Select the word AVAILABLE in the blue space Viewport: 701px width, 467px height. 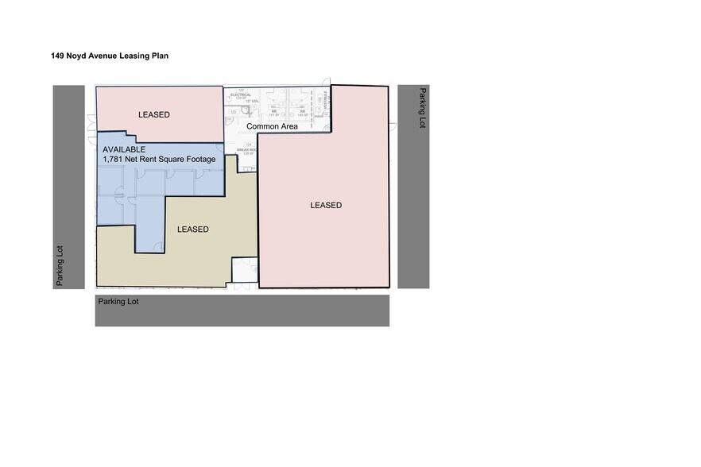click(124, 149)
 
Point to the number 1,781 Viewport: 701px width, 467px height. click(114, 159)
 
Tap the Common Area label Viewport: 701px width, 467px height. click(272, 126)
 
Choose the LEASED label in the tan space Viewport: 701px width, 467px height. click(193, 230)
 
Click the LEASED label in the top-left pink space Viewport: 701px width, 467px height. click(153, 115)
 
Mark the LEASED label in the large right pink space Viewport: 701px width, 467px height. click(326, 206)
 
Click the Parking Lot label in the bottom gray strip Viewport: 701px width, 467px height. click(118, 302)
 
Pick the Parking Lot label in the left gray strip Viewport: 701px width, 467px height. click(69, 266)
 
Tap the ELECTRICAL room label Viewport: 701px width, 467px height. click(240, 95)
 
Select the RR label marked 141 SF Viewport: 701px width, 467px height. click(273, 112)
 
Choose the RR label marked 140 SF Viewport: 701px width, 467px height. click(302, 112)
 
